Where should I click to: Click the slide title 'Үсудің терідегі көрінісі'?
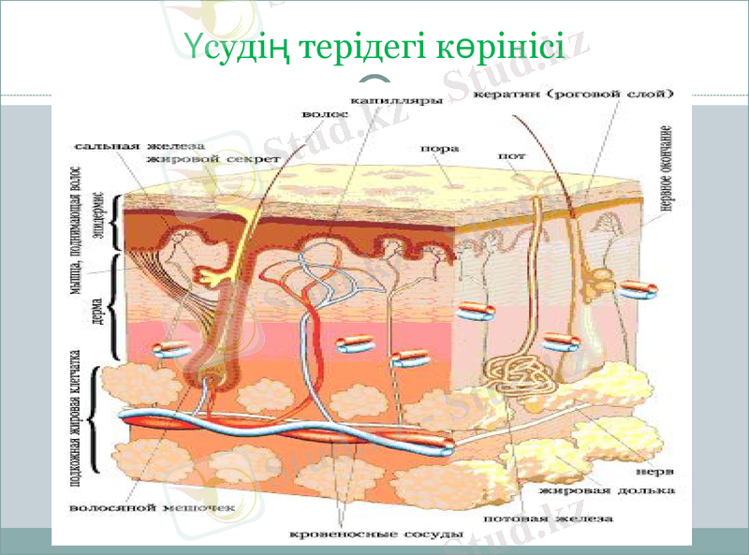click(x=374, y=45)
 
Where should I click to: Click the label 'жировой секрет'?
click(x=213, y=159)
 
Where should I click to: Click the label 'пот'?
click(x=512, y=157)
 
